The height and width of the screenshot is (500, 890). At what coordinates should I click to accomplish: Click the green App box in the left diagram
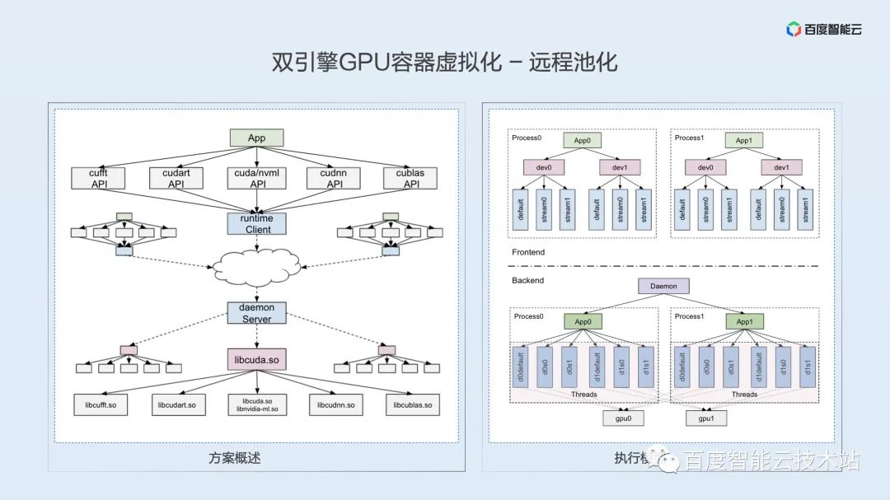pyautogui.click(x=256, y=138)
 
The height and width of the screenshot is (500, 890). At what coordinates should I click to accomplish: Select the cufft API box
pyautogui.click(x=98, y=178)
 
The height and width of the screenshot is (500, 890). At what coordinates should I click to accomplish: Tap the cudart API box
pyautogui.click(x=176, y=178)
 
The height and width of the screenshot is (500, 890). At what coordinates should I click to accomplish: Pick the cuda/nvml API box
pyautogui.click(x=257, y=178)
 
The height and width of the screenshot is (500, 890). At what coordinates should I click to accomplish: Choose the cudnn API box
pyautogui.click(x=334, y=178)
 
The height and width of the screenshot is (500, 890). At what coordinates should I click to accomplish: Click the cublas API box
pyautogui.click(x=410, y=178)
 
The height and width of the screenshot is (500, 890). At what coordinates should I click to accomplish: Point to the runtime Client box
pyautogui.click(x=257, y=224)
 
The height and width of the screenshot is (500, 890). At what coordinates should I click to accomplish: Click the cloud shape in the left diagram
pyautogui.click(x=257, y=266)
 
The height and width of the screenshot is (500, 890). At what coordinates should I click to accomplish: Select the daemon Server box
pyautogui.click(x=256, y=313)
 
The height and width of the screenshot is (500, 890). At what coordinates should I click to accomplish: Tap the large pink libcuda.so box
pyautogui.click(x=256, y=359)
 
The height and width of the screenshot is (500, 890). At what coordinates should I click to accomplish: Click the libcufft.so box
pyautogui.click(x=101, y=404)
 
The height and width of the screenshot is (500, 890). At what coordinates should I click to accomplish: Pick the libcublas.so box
pyautogui.click(x=412, y=404)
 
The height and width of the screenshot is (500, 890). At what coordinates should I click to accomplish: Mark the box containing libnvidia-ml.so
pyautogui.click(x=256, y=404)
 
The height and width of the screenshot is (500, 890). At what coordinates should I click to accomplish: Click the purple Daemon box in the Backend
pyautogui.click(x=663, y=287)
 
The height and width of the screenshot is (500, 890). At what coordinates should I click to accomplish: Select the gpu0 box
pyautogui.click(x=624, y=418)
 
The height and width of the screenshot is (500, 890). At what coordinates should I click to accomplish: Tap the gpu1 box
pyautogui.click(x=705, y=418)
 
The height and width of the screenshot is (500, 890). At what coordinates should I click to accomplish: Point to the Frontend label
pyautogui.click(x=528, y=252)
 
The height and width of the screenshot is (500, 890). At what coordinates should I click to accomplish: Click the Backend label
pyautogui.click(x=527, y=280)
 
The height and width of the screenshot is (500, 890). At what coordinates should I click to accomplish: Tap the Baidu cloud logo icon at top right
pyautogui.click(x=794, y=30)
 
